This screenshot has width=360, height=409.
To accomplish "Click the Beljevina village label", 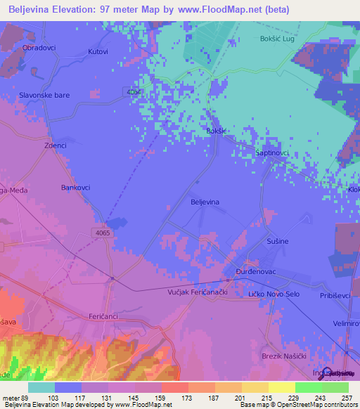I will (x=205, y=202).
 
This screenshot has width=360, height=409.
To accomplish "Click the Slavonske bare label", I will (x=44, y=95).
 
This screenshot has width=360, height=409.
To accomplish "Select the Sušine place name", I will (x=277, y=241).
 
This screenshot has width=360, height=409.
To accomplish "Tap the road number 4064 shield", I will (x=134, y=92).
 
